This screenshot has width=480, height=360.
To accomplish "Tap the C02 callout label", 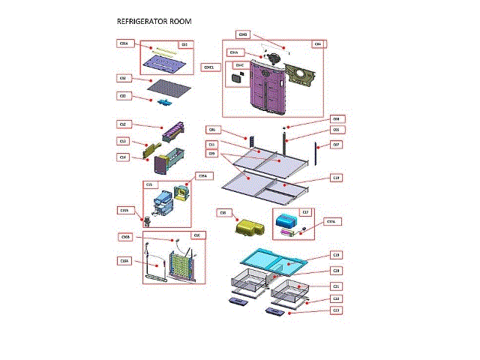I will coord(123,78).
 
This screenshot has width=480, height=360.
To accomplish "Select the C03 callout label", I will coord(123,95).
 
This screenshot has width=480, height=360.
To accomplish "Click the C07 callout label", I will coord(336,144).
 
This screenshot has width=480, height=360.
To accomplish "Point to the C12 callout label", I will coord(123,124).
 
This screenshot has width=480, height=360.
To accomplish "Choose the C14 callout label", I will coord(123,157).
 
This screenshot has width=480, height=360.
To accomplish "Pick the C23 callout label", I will coord(336,310).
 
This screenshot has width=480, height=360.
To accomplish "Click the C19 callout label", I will coord(336,255).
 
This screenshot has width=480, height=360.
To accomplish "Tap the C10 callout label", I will coord(336,177).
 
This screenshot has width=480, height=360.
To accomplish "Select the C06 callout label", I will coord(212,130).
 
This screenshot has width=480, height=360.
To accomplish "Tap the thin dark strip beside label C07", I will coord(319,157).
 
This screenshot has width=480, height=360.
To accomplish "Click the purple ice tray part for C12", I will coord(168,133).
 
